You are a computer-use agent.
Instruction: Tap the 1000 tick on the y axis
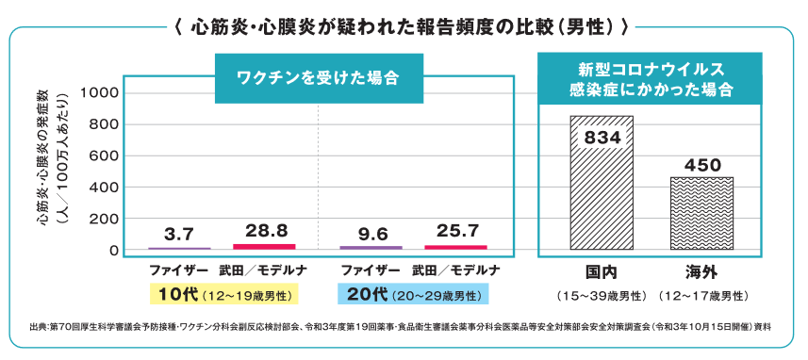[98, 92]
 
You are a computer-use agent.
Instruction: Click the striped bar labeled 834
[602, 183]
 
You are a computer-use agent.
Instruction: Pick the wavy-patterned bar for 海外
[701, 214]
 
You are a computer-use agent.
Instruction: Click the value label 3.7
[178, 235]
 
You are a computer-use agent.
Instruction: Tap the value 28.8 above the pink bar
[266, 230]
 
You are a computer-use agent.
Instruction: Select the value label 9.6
[371, 235]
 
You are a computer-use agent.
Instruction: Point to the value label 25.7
[457, 230]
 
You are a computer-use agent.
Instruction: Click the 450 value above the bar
[701, 165]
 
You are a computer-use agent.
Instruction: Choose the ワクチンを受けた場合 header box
[319, 78]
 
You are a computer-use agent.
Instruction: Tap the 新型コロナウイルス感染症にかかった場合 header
[650, 79]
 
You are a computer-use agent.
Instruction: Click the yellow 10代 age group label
[223, 295]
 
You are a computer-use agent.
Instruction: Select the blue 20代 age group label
[413, 295]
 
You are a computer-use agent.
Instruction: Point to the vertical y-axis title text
[49, 156]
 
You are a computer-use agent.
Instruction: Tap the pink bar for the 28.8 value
[264, 247]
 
